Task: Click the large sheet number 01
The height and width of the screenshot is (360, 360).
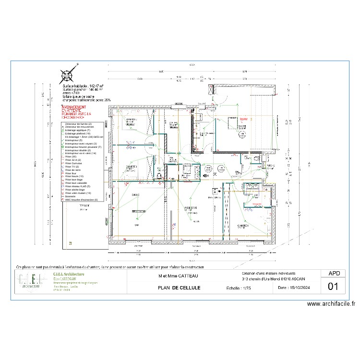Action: (x=334, y=287)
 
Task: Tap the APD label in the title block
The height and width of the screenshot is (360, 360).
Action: (x=334, y=273)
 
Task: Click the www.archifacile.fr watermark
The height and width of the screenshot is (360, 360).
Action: (x=331, y=304)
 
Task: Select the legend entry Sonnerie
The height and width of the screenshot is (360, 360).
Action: (x=72, y=196)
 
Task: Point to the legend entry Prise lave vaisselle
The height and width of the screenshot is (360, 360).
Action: (x=77, y=183)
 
